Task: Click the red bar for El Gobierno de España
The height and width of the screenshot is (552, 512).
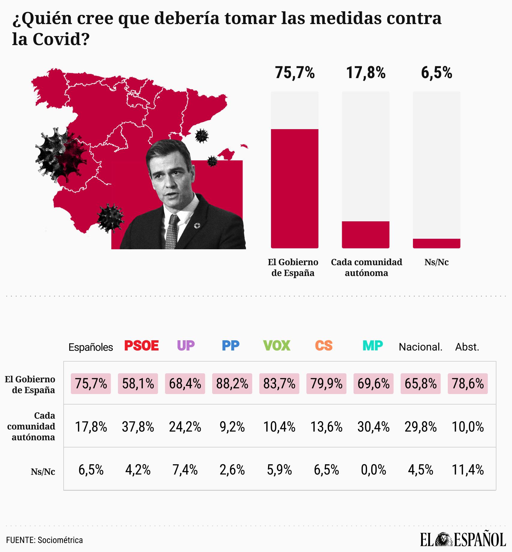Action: pyautogui.click(x=294, y=188)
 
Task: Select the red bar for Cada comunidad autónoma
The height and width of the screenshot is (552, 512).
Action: pyautogui.click(x=366, y=235)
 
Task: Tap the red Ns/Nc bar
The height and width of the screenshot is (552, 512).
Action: pyautogui.click(x=436, y=243)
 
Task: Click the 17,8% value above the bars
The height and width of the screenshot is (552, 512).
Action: pyautogui.click(x=366, y=73)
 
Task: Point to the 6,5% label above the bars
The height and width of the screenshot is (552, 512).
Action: pyautogui.click(x=436, y=73)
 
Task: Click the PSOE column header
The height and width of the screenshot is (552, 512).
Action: pyautogui.click(x=141, y=346)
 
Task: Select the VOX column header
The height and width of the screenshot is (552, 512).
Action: pyautogui.click(x=276, y=346)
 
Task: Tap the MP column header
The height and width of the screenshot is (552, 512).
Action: pyautogui.click(x=372, y=346)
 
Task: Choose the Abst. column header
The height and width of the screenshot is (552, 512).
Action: pyautogui.click(x=467, y=347)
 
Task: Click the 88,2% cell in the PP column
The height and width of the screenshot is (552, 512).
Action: pyautogui.click(x=232, y=384)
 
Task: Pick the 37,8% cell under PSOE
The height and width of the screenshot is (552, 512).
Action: pyautogui.click(x=138, y=427)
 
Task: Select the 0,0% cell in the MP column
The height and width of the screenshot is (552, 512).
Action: pyautogui.click(x=373, y=470)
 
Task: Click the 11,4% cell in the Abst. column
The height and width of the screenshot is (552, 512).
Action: pyautogui.click(x=468, y=470)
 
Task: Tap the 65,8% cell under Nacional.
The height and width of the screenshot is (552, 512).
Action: pyautogui.click(x=420, y=384)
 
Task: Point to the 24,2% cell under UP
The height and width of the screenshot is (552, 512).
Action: pyautogui.click(x=185, y=427)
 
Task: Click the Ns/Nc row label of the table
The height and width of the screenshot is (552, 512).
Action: pyautogui.click(x=43, y=472)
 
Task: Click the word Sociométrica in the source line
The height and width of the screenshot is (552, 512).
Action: pyautogui.click(x=60, y=540)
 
